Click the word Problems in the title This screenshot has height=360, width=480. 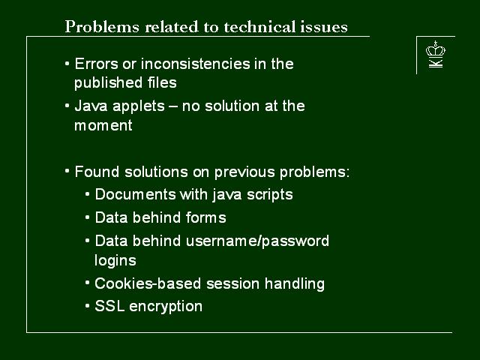click(x=102, y=27)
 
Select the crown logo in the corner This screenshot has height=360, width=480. click(x=436, y=54)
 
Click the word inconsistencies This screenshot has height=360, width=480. click(x=196, y=64)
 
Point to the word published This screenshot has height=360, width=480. click(x=108, y=83)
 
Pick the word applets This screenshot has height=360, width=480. click(x=139, y=106)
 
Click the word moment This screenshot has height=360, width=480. click(x=103, y=125)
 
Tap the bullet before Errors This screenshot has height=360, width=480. click(x=67, y=64)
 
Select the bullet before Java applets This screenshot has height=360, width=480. click(x=67, y=106)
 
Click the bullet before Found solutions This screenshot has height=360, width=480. click(x=67, y=172)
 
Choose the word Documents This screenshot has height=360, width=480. click(x=135, y=194)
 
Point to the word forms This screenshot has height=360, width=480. click(x=206, y=217)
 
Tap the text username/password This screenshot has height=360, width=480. click(x=257, y=241)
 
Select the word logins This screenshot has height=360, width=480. click(x=115, y=261)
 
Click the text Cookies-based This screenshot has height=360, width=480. click(x=148, y=283)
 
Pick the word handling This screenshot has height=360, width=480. click(x=295, y=284)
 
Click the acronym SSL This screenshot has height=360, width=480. click(x=109, y=306)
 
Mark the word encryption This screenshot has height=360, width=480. click(x=166, y=307)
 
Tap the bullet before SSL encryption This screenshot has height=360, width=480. click(x=88, y=306)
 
